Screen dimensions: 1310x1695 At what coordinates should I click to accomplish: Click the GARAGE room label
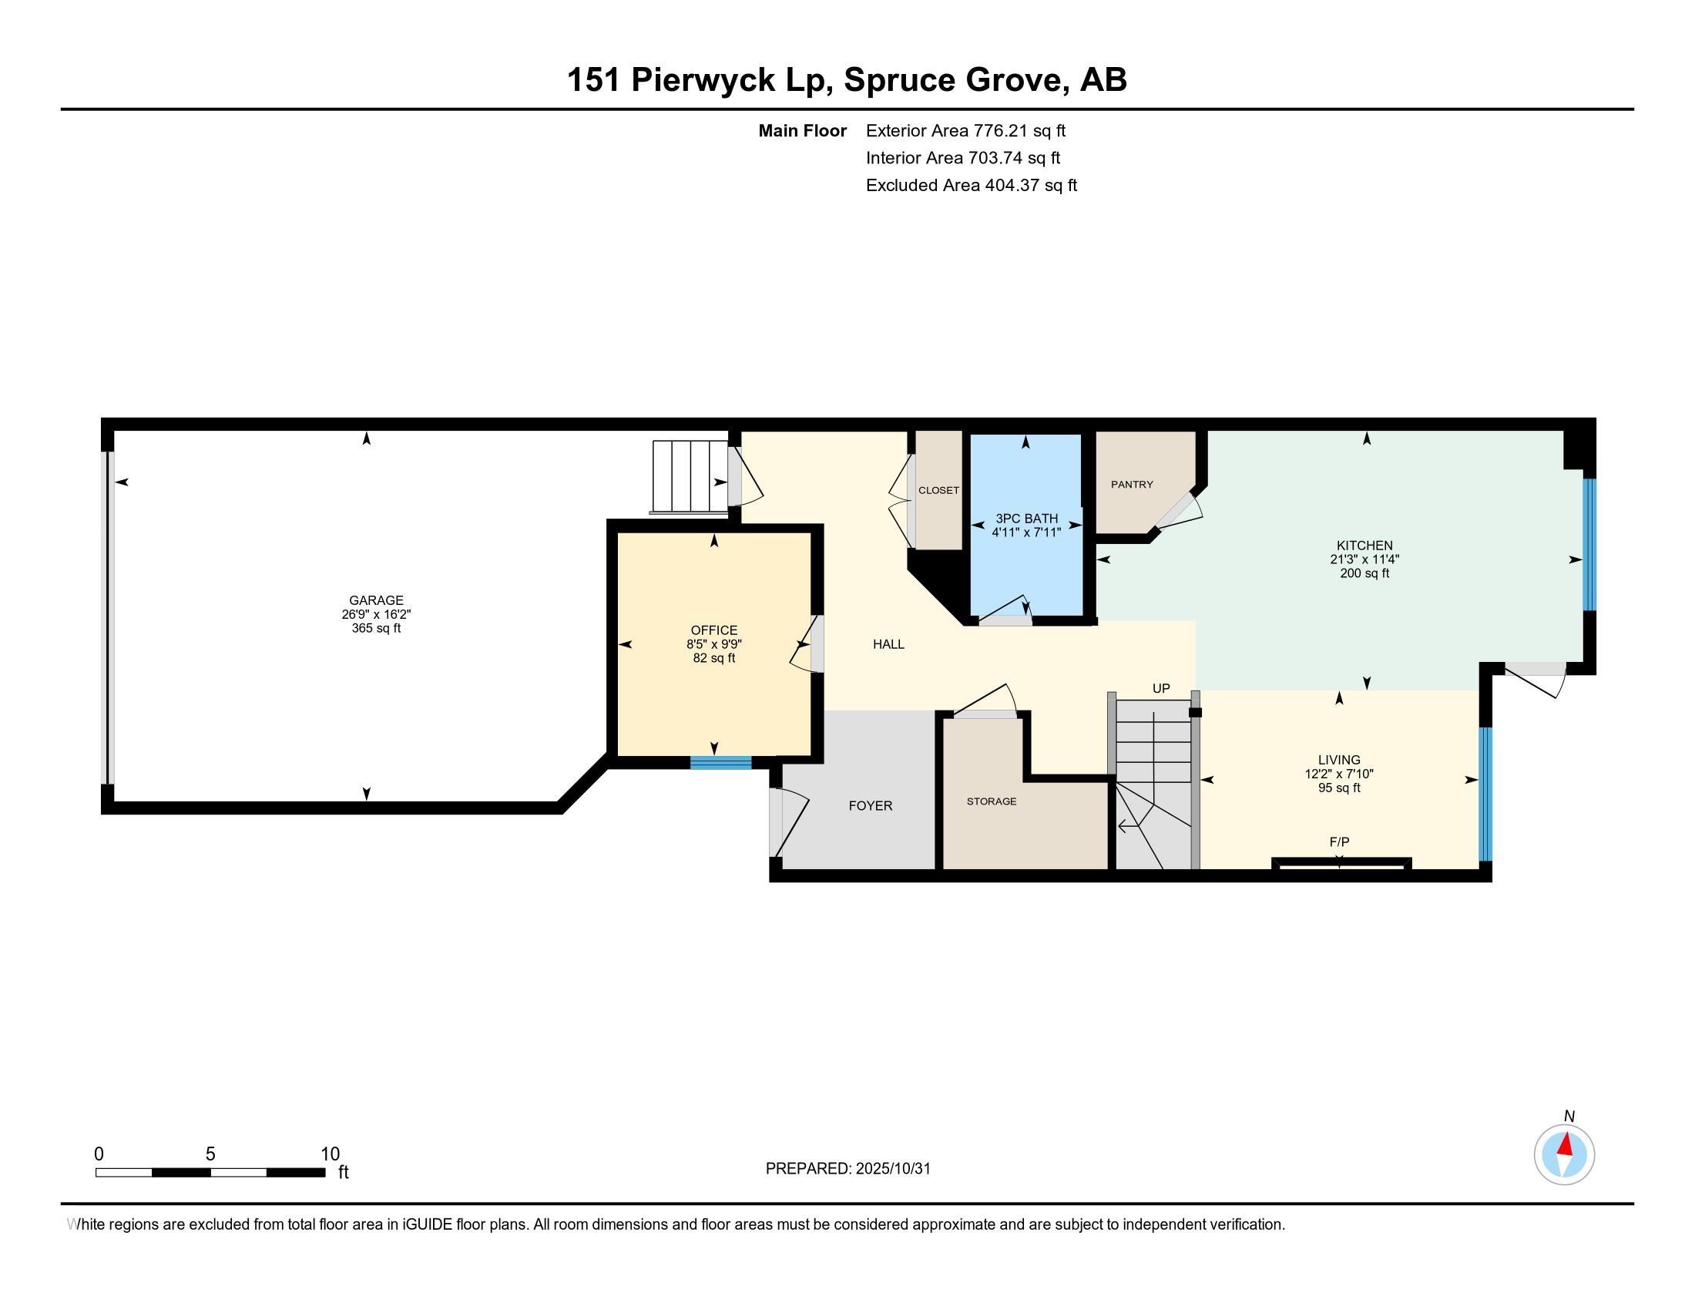376,600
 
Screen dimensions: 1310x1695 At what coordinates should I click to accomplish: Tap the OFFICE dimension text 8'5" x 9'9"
714,644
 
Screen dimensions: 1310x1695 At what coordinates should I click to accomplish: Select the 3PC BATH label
1026,519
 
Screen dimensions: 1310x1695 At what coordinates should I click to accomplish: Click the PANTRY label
1132,484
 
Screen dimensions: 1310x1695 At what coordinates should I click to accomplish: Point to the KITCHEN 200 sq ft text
1364,573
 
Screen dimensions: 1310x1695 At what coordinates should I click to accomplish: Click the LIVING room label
1339,760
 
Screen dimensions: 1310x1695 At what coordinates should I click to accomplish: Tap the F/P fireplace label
1339,841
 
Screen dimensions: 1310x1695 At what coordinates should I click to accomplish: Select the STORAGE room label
991,801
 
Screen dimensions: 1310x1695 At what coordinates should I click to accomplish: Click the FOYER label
870,805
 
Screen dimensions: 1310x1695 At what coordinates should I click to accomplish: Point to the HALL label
888,644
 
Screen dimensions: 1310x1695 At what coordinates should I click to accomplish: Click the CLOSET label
938,490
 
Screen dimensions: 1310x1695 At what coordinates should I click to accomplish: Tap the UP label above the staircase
1160,688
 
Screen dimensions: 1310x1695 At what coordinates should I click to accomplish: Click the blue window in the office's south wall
721,762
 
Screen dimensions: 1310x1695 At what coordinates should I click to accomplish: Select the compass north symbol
1564,1154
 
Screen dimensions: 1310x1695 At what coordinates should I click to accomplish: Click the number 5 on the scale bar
210,1154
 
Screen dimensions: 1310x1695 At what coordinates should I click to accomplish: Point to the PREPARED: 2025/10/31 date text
847,1168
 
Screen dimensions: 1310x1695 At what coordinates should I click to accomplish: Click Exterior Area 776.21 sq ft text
965,130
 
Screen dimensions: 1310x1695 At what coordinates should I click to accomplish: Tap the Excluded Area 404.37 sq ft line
971,185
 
